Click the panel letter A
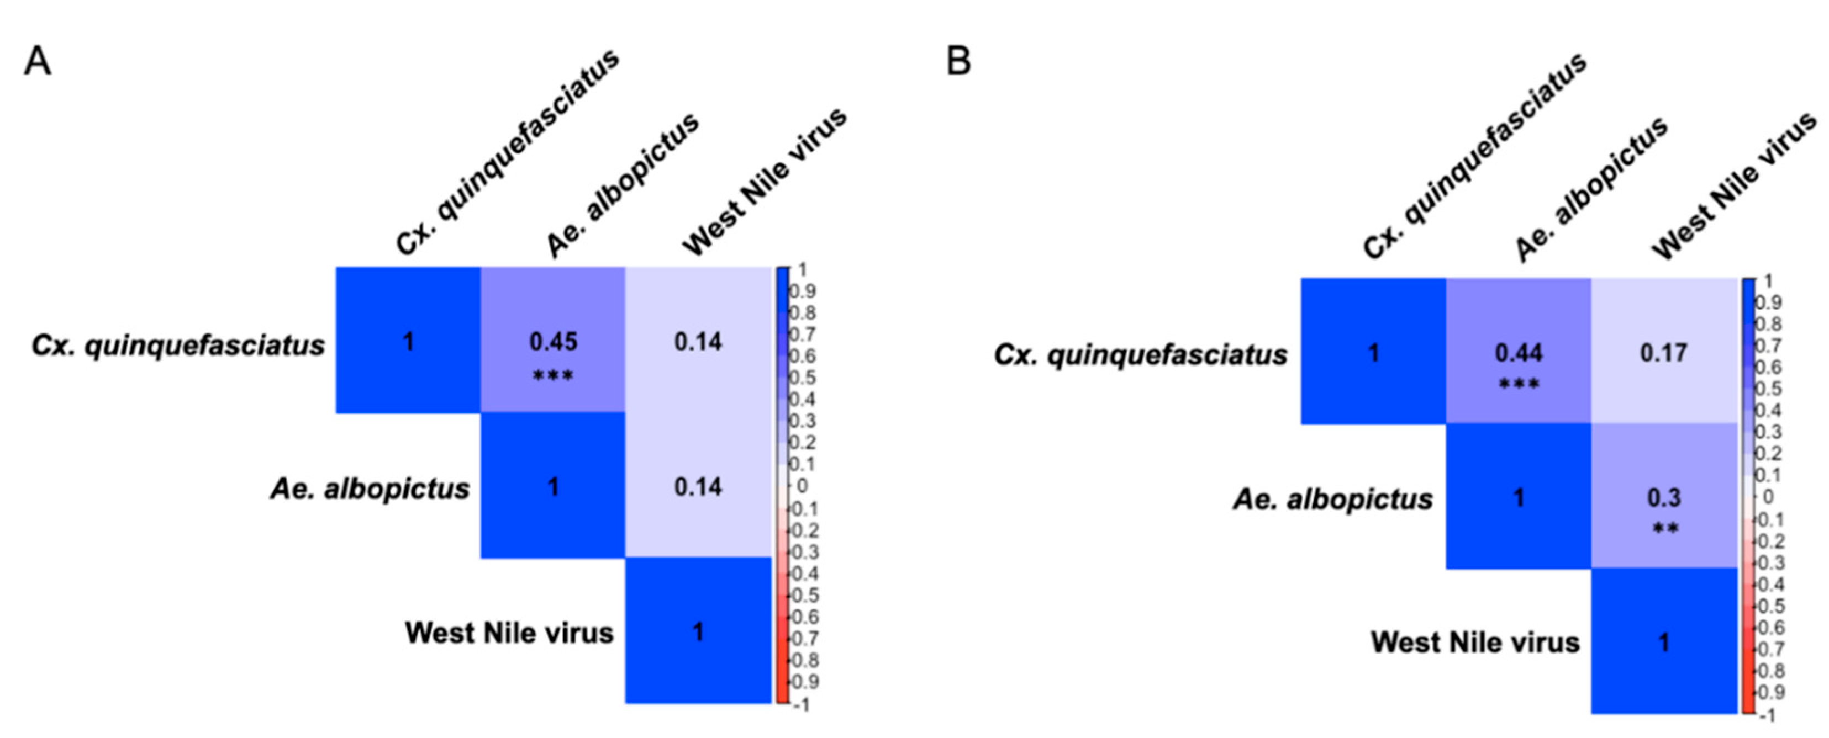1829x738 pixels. click(x=38, y=61)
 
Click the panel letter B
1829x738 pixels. click(x=958, y=61)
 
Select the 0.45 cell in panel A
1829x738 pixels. click(x=553, y=341)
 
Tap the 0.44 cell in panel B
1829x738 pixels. click(x=1518, y=352)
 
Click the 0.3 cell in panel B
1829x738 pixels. click(x=1664, y=497)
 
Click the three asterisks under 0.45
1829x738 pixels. click(x=553, y=375)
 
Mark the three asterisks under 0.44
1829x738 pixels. click(x=1518, y=385)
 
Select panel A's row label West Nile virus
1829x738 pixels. click(x=509, y=632)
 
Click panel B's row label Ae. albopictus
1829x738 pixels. click(x=1333, y=500)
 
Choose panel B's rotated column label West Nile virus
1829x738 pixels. click(x=1732, y=186)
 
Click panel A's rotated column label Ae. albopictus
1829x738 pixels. click(x=622, y=186)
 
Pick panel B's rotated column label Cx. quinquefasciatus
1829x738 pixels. click(x=1473, y=157)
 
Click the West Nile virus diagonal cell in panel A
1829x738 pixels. click(x=698, y=631)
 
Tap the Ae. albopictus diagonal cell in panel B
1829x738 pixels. click(x=1518, y=497)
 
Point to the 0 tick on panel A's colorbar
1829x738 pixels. click(x=802, y=486)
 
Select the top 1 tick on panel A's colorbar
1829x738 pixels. click(x=802, y=270)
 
